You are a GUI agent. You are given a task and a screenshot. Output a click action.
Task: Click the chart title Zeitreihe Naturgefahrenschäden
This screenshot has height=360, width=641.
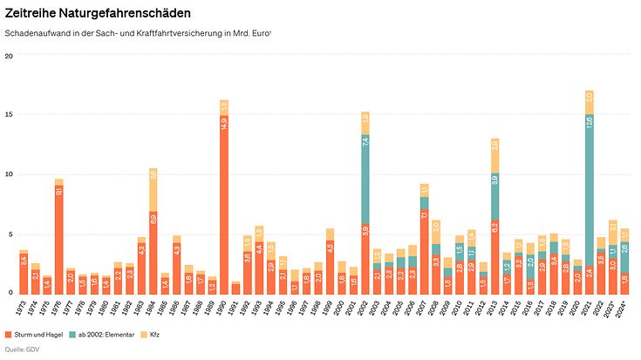point(98,14)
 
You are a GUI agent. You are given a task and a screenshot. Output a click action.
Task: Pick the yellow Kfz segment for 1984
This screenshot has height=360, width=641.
point(153,189)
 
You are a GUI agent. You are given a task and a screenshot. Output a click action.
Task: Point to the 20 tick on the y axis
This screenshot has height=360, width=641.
point(9,56)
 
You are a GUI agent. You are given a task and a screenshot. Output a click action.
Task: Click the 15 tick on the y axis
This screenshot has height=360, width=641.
point(9,115)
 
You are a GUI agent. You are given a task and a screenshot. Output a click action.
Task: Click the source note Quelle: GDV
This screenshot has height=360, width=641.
point(22,350)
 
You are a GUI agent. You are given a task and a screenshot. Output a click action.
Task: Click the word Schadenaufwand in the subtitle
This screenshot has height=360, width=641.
point(32,33)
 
